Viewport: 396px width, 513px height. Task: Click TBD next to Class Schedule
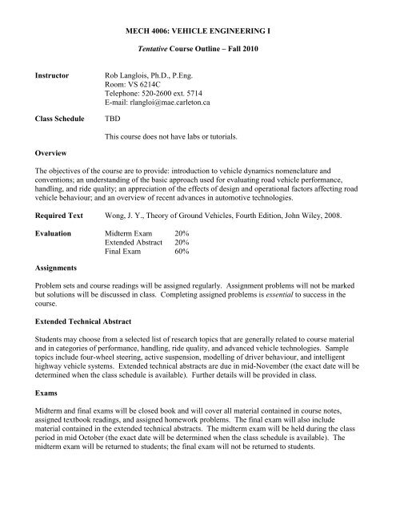click(x=104, y=138)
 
